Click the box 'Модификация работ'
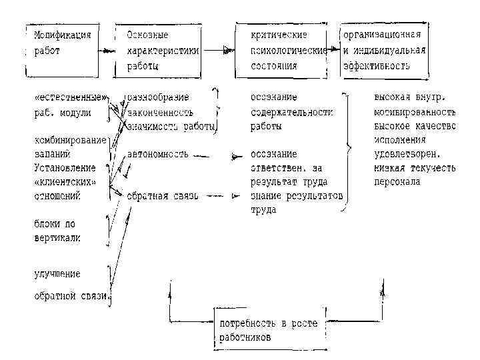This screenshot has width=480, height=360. coord(63,49)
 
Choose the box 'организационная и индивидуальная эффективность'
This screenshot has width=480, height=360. coord(383,49)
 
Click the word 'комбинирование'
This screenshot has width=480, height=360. coord(70,140)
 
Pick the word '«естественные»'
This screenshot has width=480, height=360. coord(70,98)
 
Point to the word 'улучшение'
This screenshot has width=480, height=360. coord(57,274)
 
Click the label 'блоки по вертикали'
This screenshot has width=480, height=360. coord(57,230)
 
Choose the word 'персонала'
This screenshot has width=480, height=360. coord(397,182)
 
